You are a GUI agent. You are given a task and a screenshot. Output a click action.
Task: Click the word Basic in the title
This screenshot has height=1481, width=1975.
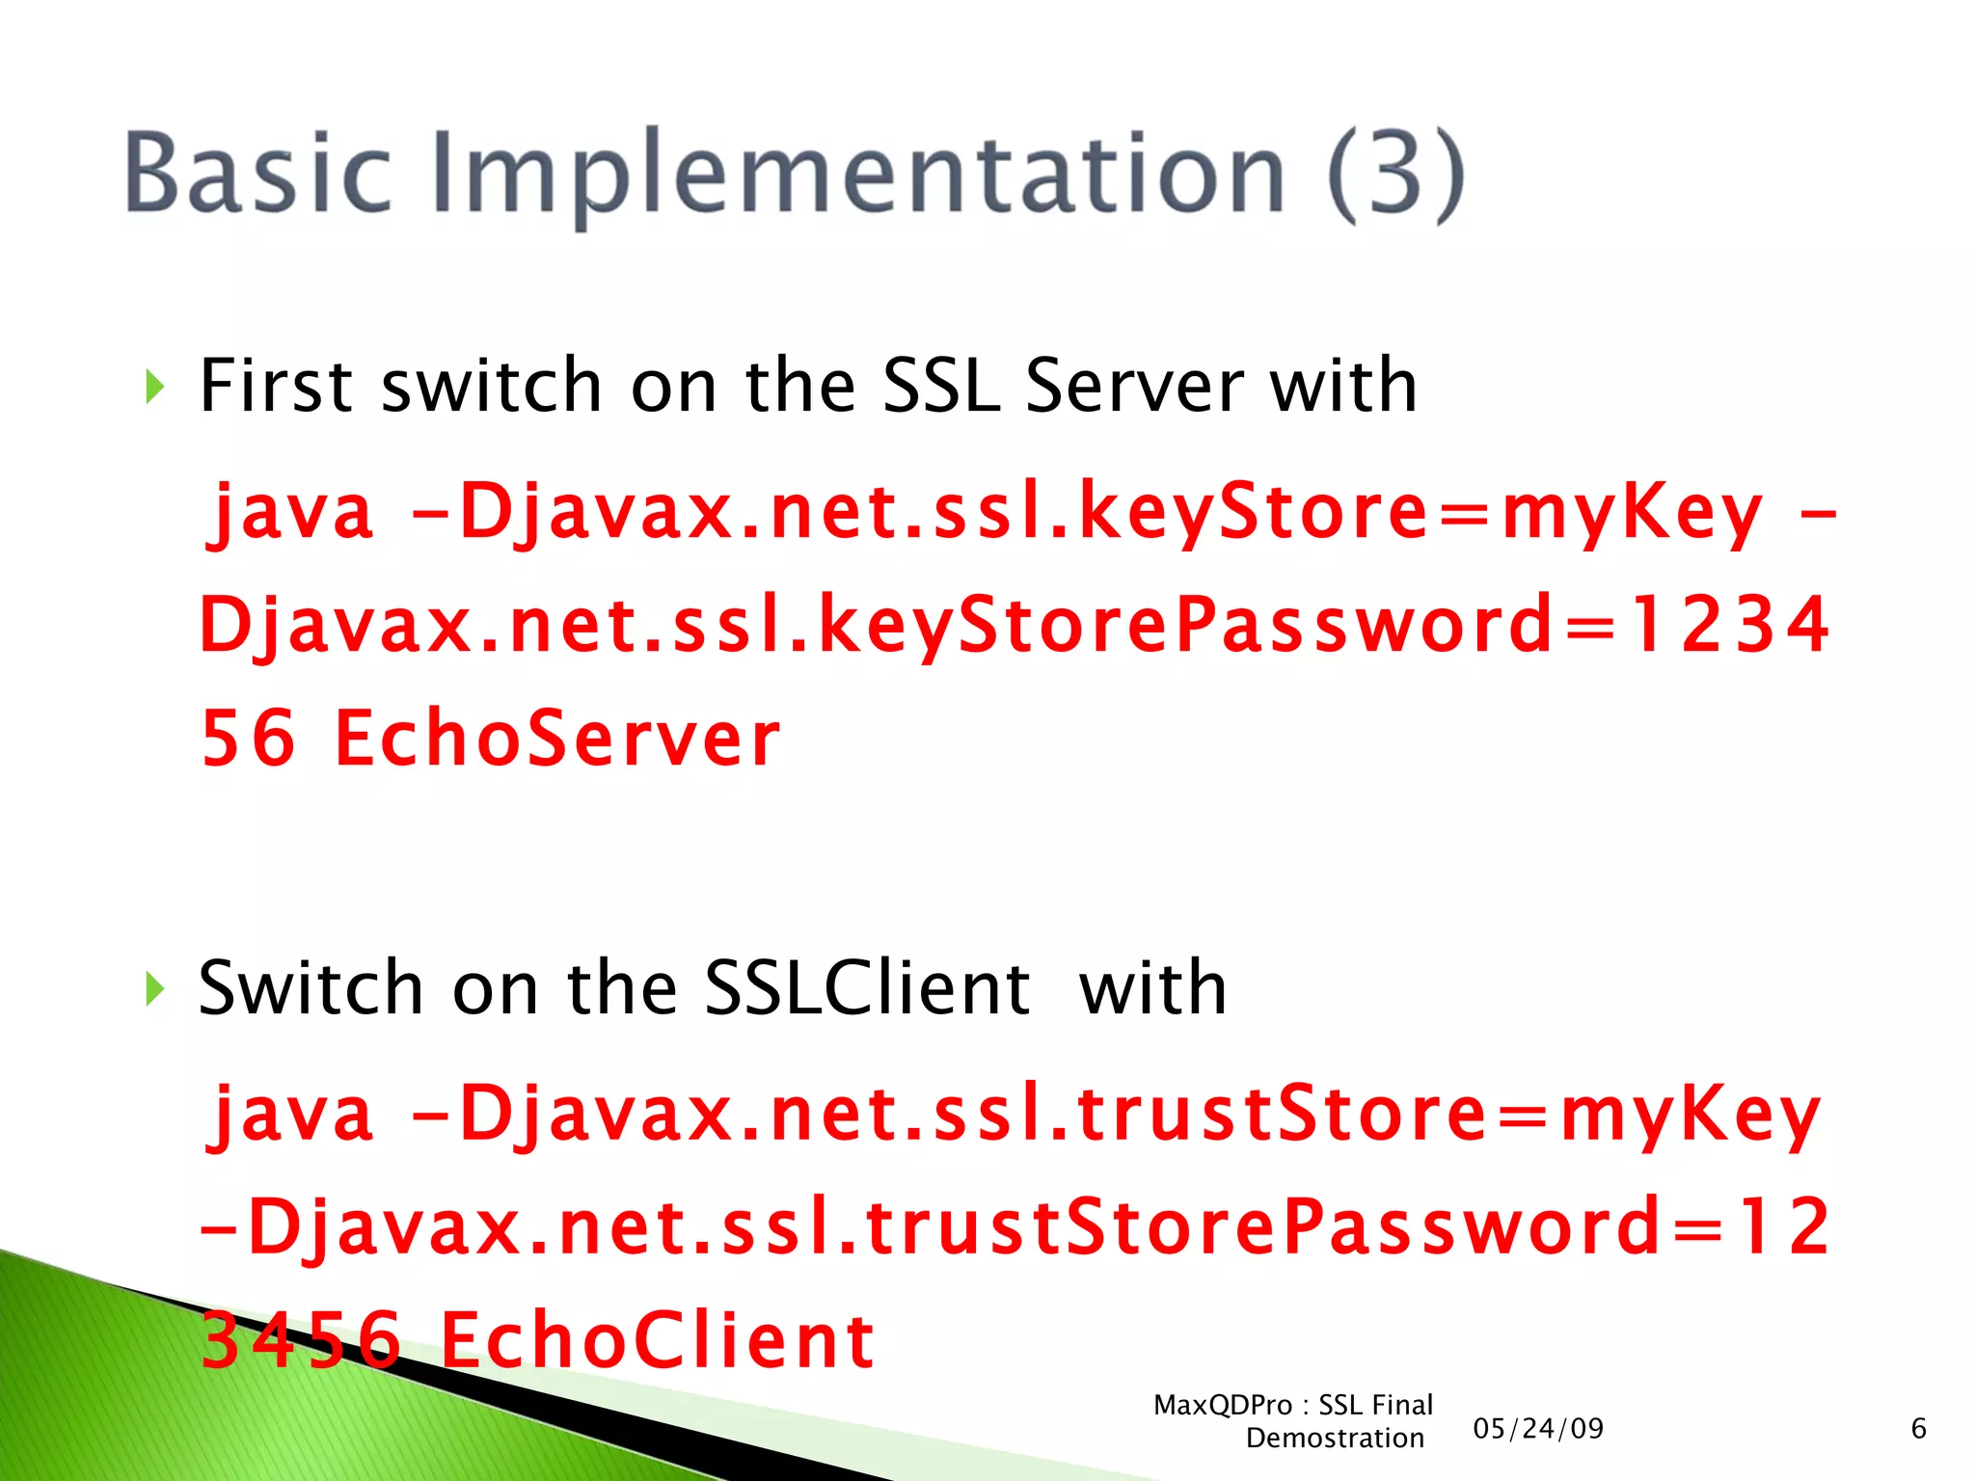pos(258,174)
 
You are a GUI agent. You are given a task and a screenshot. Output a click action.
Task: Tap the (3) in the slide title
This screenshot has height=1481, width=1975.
pos(1395,175)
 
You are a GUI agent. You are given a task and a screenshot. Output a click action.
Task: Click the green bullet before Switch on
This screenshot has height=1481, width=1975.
pos(154,988)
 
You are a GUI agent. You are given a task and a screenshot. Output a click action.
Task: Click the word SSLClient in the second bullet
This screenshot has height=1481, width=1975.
pos(867,988)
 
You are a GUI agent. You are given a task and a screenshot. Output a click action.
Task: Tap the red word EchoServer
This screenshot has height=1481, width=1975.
pos(556,740)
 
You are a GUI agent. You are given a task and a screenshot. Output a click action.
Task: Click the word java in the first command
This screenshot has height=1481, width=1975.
pos(290,511)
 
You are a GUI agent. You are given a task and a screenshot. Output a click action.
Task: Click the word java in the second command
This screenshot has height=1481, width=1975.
pos(290,1114)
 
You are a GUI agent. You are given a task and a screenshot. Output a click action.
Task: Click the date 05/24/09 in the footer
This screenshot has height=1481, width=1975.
pos(1538,1428)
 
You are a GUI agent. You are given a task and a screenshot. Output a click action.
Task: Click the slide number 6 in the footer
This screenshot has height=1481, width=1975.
pos(1918,1428)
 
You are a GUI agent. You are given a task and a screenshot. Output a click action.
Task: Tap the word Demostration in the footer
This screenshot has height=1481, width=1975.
pos(1335,1439)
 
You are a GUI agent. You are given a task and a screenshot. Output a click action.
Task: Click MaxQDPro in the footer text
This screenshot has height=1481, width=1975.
pos(1222,1405)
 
